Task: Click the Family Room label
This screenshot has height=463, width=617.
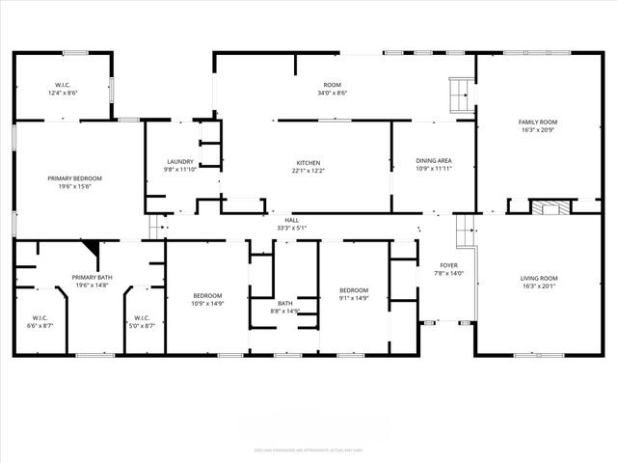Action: [x=538, y=123]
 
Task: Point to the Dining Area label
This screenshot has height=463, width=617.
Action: [x=433, y=161]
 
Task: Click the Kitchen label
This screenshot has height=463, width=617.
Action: [x=308, y=162]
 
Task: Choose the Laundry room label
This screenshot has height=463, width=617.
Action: [x=180, y=161]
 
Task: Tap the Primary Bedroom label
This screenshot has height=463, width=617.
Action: [x=75, y=178]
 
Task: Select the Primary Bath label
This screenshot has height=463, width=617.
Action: [x=93, y=277]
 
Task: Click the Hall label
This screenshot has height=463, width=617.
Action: [x=291, y=220]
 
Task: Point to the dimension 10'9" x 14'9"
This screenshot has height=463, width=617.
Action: [x=207, y=304]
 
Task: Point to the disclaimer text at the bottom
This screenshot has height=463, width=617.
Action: [x=308, y=449]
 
